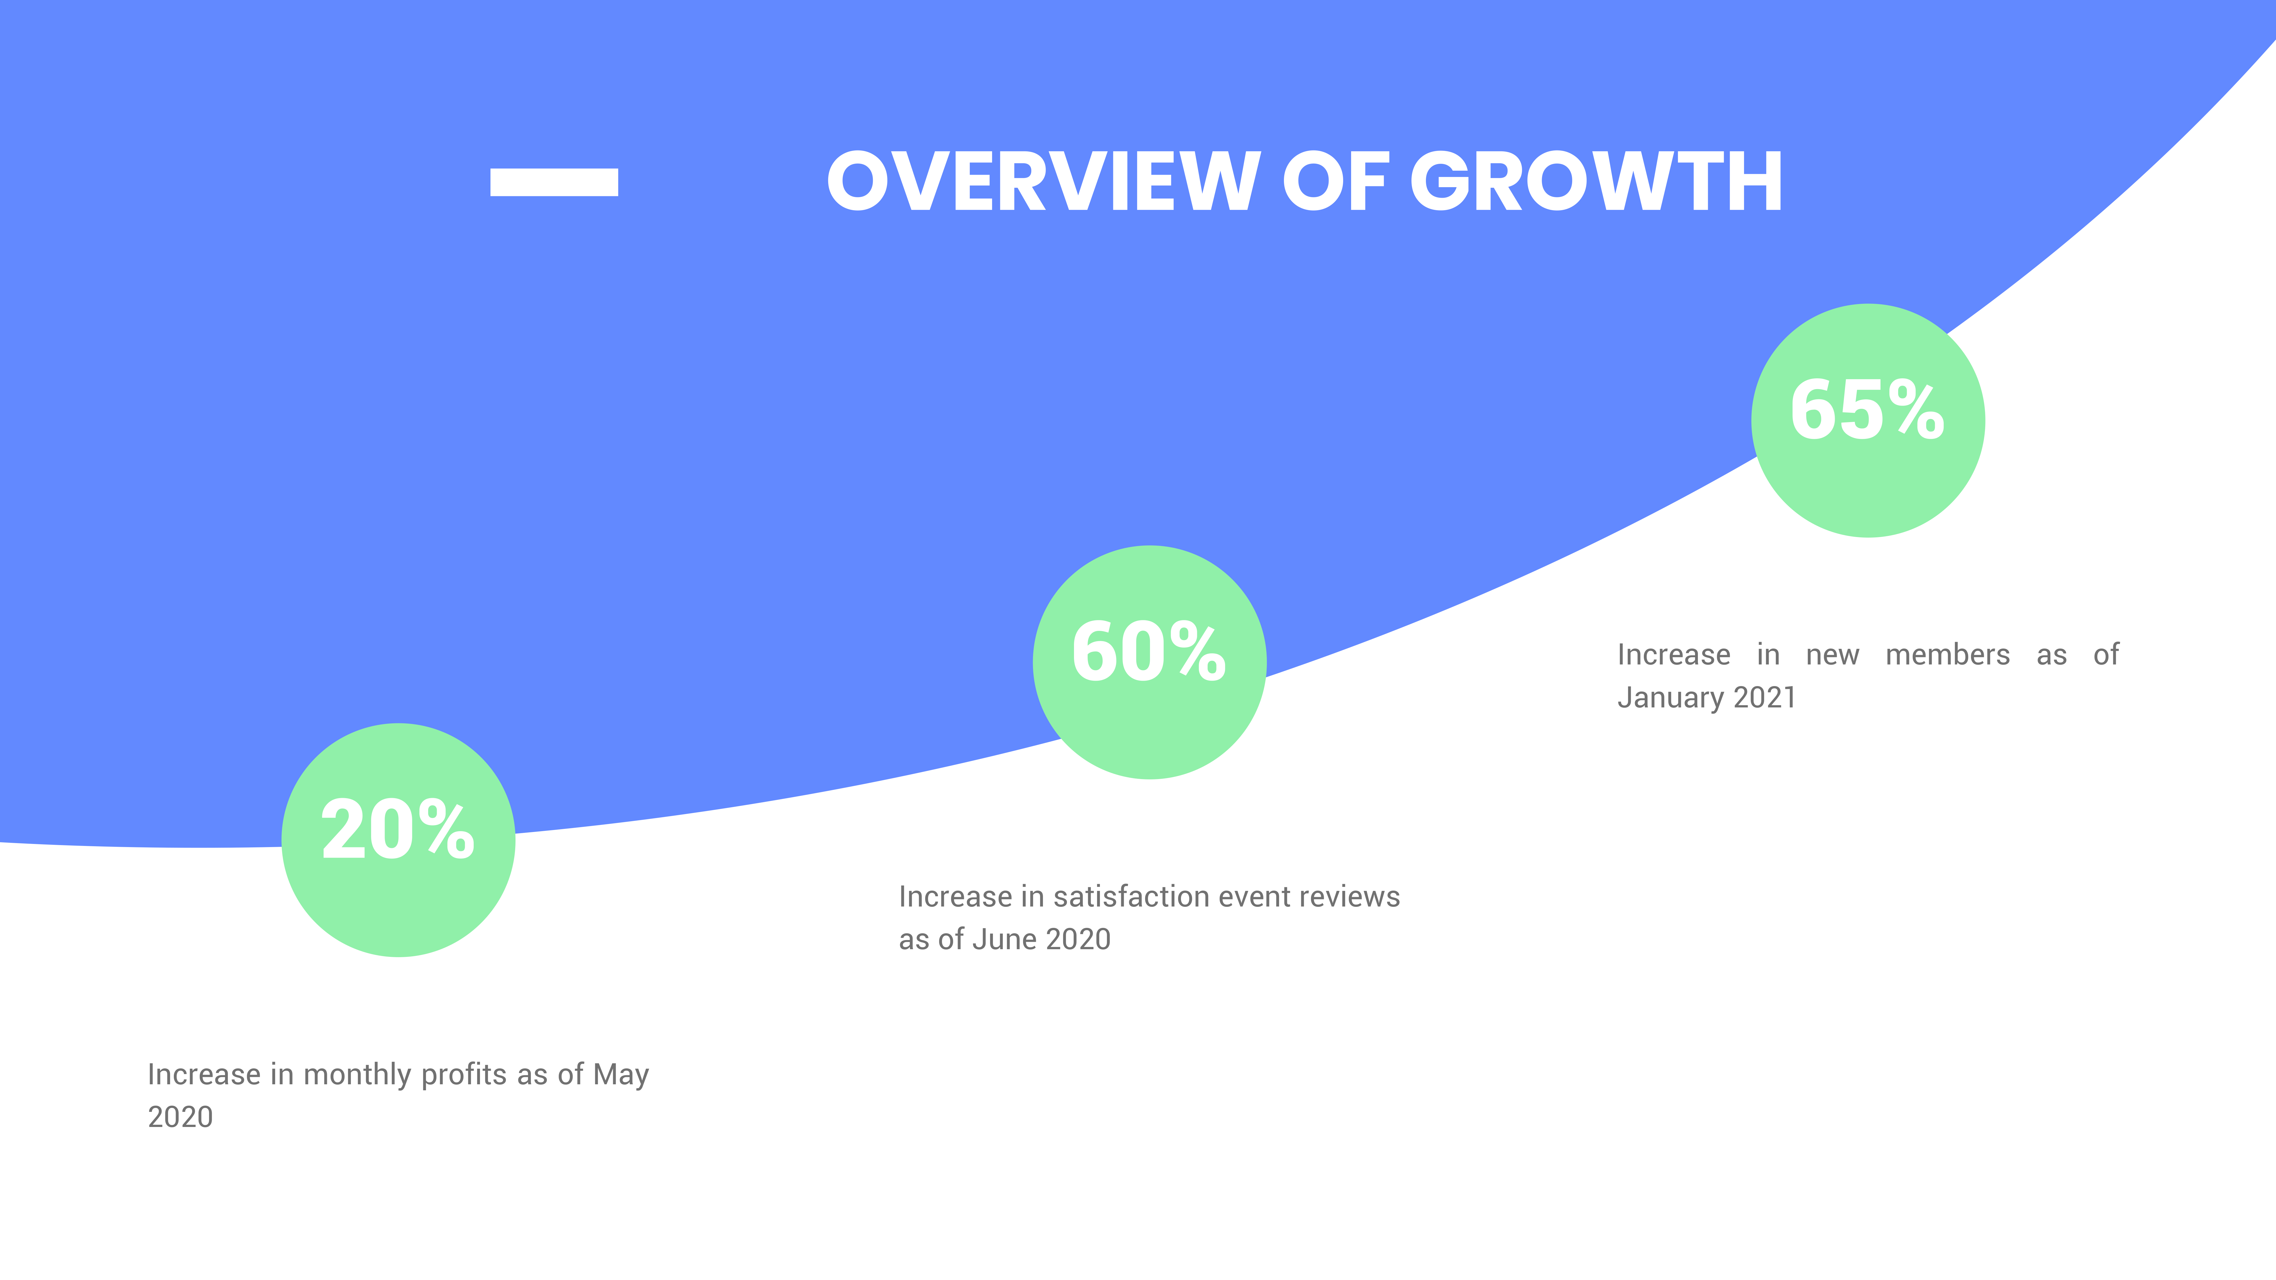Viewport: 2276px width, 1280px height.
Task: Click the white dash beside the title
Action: (554, 182)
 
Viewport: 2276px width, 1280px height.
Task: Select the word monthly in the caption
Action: (358, 1075)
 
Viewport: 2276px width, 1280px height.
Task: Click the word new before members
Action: (1832, 655)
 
